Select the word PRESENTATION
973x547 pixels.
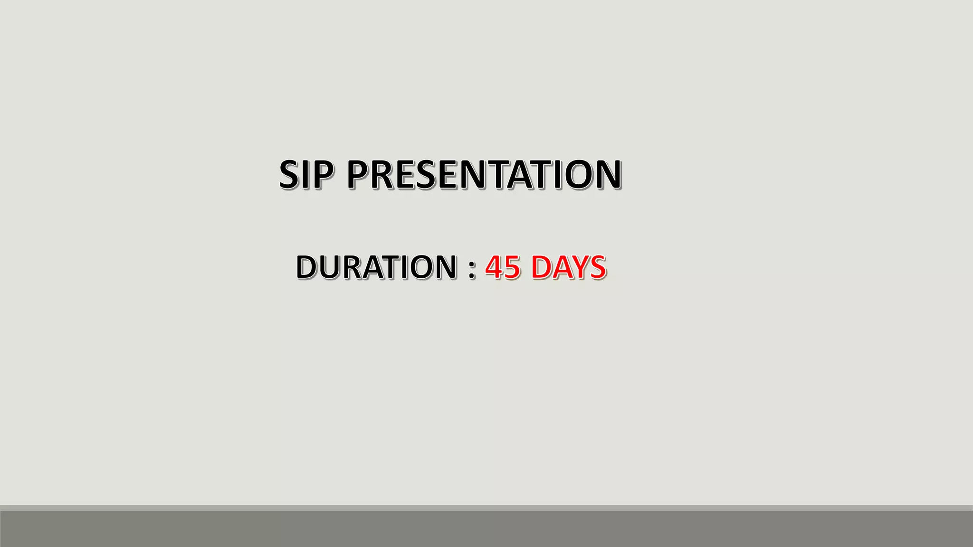tap(484, 174)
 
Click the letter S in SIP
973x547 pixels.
tap(291, 174)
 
